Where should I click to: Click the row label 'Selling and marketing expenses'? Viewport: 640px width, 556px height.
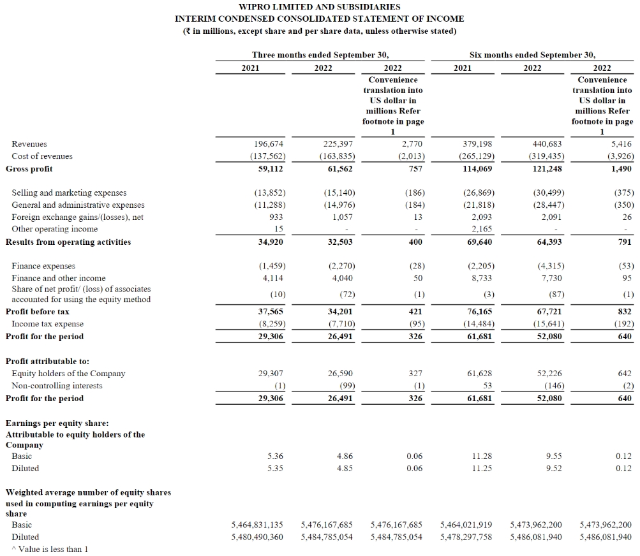coord(69,193)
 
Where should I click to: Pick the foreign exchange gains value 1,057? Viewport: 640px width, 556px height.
coord(341,217)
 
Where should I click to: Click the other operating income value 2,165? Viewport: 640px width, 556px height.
coord(482,229)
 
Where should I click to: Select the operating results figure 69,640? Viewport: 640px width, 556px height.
coord(479,242)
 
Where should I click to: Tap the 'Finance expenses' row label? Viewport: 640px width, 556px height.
coord(43,266)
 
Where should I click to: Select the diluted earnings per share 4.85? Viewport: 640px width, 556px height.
coord(344,469)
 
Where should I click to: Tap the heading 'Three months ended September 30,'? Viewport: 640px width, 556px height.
coord(320,55)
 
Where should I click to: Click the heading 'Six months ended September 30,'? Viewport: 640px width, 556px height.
coord(536,55)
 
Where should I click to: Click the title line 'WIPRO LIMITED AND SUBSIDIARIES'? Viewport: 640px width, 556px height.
coord(320,6)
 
